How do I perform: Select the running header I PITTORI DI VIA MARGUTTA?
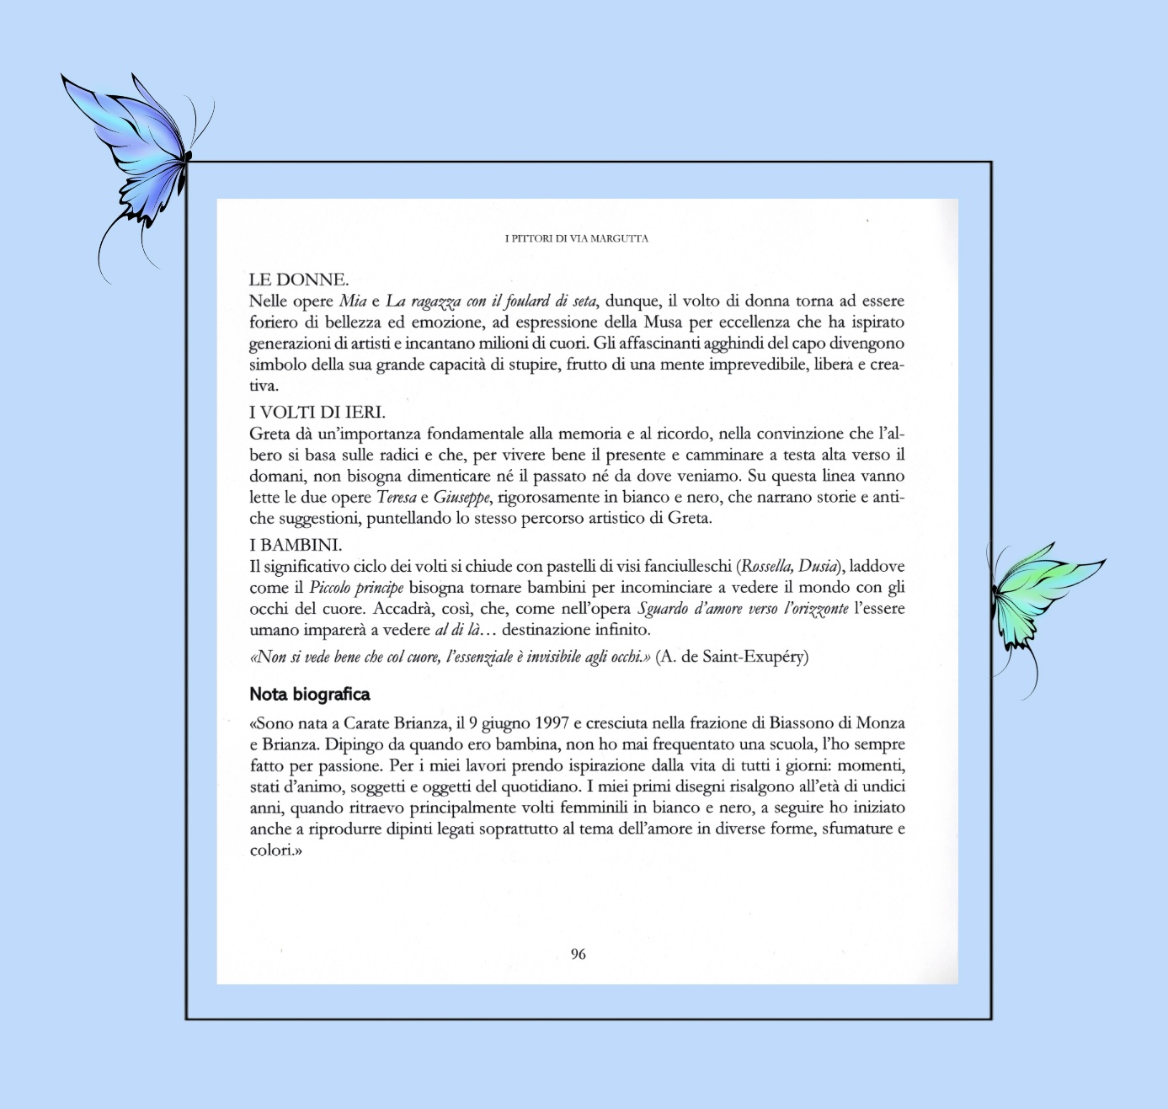tap(577, 238)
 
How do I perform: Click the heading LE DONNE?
tap(299, 280)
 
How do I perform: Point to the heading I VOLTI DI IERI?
tap(317, 412)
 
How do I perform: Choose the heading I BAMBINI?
tap(296, 545)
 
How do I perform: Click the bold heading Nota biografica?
tap(310, 695)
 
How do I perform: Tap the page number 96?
tap(578, 954)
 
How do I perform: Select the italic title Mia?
tap(353, 301)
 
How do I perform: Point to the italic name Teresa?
tap(397, 498)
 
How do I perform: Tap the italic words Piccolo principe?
tap(356, 588)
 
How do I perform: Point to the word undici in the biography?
tap(882, 786)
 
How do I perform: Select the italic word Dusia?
tap(817, 567)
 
